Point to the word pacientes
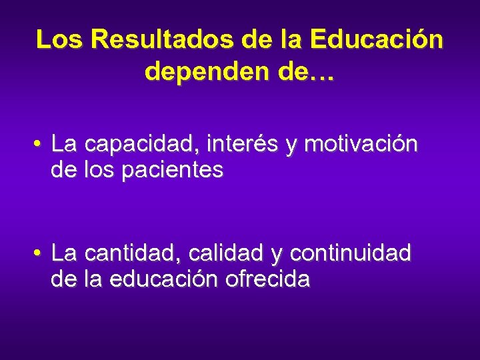pyautogui.click(x=172, y=171)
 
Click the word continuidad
pyautogui.click(x=351, y=253)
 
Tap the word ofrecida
pyautogui.click(x=267, y=280)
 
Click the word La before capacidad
pyautogui.click(x=65, y=144)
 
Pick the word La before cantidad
pyautogui.click(x=65, y=253)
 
